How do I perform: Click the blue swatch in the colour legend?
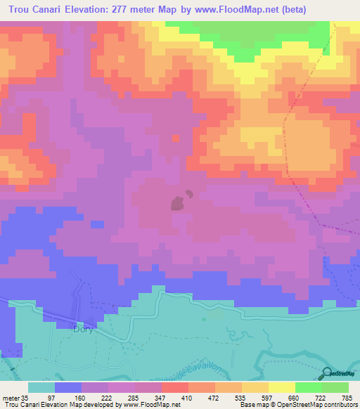68,387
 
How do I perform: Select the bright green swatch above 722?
308,387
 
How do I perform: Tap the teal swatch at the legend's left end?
41,387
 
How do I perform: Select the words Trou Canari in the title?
34,10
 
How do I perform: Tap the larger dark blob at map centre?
177,204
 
